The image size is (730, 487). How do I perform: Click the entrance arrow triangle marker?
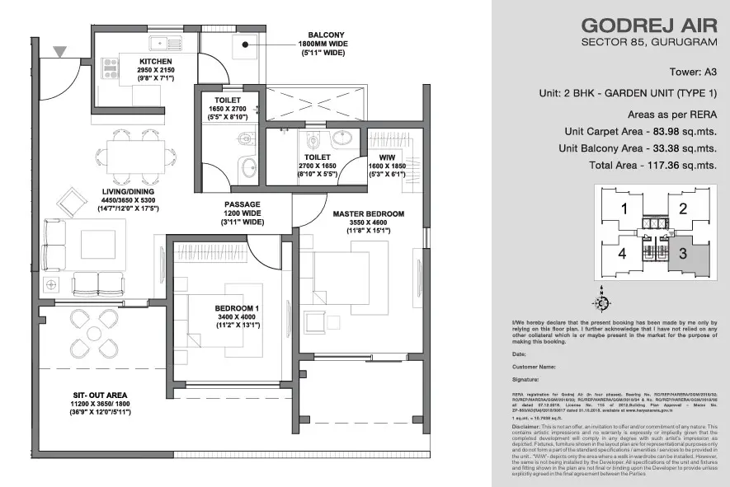pos(59,52)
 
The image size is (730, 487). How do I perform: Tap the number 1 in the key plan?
pos(624,208)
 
